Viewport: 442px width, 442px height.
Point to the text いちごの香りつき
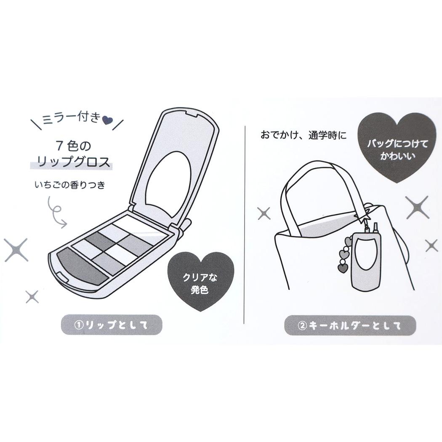[70, 185]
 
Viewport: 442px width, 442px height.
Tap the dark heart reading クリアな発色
[200, 281]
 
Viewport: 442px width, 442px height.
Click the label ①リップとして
[112, 325]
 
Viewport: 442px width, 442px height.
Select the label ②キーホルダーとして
[350, 325]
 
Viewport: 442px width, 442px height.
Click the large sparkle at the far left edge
[16, 250]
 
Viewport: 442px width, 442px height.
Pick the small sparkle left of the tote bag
[264, 213]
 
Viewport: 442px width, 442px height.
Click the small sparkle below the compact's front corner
[32, 296]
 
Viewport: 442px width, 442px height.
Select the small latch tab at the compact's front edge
[62, 277]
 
